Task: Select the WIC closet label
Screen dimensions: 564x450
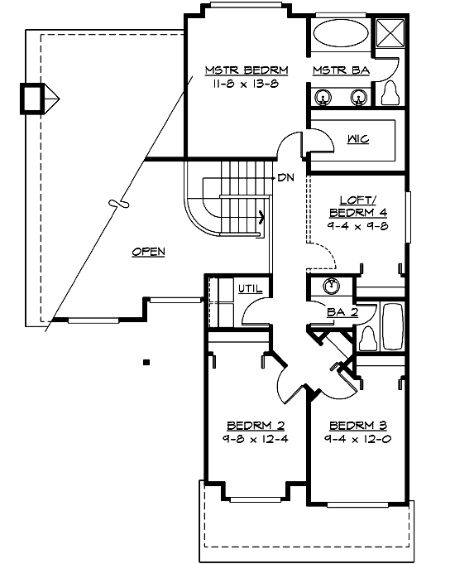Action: click(358, 138)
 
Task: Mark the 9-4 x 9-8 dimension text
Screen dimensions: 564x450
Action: click(357, 226)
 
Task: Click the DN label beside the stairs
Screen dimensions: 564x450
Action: click(286, 177)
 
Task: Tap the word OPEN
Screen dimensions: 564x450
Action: click(150, 251)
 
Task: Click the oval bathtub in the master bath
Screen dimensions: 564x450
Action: click(340, 36)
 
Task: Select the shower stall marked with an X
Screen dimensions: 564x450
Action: click(389, 35)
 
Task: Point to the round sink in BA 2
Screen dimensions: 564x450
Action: click(331, 287)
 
